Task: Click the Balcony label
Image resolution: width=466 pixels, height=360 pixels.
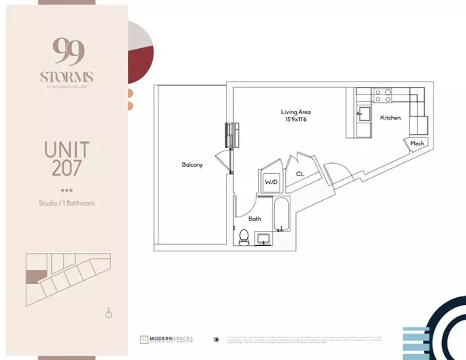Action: [x=193, y=165]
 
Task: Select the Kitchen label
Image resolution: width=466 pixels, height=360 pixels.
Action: [x=391, y=118]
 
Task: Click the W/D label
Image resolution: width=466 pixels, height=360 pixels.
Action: [x=271, y=182]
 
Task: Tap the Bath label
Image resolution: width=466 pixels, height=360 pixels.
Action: [x=255, y=219]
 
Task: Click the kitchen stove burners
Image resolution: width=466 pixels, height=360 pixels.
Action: [x=383, y=95]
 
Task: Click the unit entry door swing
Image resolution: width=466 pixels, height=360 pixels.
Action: [x=336, y=172]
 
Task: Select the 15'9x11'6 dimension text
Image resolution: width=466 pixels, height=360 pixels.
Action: [x=296, y=121]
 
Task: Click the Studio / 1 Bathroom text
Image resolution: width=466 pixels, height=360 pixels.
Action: [x=67, y=204]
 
